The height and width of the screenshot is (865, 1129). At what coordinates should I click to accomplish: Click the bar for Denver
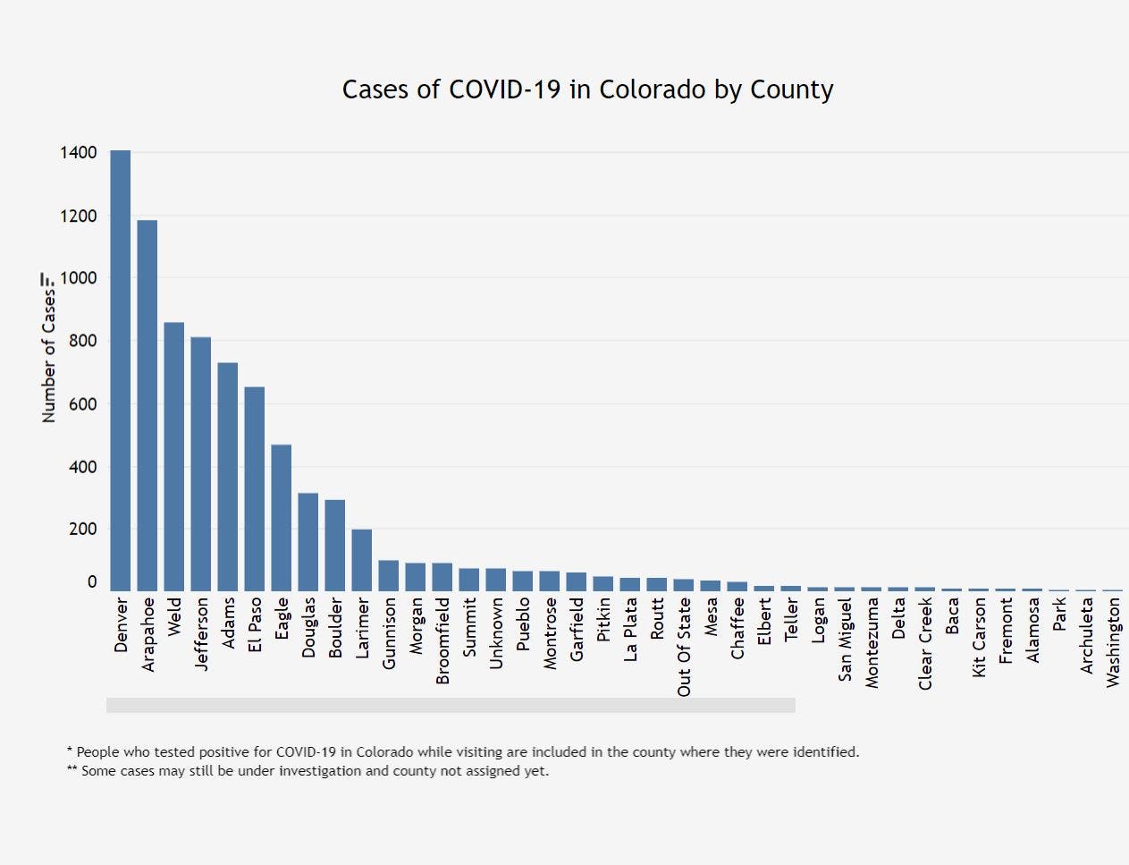tap(120, 370)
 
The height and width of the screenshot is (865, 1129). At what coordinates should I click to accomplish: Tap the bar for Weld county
tap(173, 456)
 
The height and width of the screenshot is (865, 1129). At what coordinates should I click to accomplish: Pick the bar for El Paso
tap(254, 488)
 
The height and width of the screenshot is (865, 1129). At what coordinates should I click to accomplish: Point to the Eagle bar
tap(281, 517)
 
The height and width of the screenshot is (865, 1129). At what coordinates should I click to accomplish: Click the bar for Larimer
tap(361, 560)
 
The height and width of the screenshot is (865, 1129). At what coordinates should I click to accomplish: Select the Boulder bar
tap(334, 545)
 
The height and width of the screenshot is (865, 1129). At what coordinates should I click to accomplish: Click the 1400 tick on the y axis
tap(79, 153)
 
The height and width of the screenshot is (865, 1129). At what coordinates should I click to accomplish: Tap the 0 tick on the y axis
tap(92, 582)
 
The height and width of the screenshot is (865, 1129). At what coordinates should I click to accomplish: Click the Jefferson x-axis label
tap(201, 634)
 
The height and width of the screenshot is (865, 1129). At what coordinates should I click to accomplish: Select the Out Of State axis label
tap(684, 647)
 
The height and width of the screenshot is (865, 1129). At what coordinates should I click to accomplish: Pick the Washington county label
tap(1113, 642)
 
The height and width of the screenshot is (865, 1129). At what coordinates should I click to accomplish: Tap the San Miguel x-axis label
tap(845, 640)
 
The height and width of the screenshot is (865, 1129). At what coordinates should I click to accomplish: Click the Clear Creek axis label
tap(925, 643)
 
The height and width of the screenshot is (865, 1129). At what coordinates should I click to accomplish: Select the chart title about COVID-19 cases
tap(587, 89)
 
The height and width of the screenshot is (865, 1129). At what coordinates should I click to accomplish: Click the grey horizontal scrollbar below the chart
tap(451, 706)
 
